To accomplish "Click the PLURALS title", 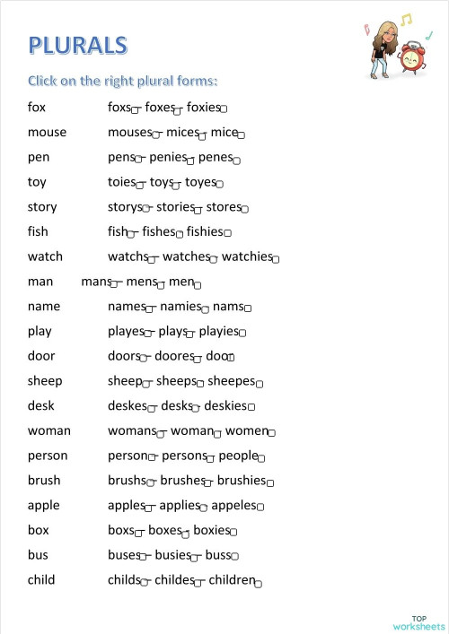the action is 77,45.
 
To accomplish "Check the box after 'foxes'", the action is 178,110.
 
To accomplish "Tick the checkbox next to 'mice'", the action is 241,135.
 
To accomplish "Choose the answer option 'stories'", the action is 175,206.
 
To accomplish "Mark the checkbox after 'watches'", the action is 214,260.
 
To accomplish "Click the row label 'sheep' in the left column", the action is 45,380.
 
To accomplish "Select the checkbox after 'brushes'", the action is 208,483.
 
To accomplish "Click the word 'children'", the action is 232,579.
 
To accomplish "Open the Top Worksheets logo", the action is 418,622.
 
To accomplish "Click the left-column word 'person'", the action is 48,456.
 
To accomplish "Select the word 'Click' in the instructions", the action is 44,81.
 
